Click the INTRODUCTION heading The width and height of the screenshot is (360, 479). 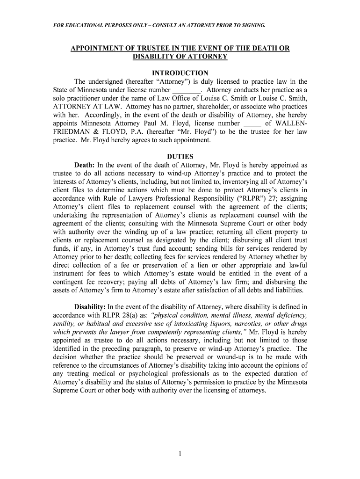coord(180,73)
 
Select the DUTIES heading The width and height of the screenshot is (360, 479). coord(180,157)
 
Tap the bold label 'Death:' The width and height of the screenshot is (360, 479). coord(85,165)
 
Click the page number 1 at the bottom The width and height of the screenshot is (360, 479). coord(180,454)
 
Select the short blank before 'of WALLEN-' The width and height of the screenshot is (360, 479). coord(252,123)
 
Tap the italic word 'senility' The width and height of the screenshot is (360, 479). coord(64,324)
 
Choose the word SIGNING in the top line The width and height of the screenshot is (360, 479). coord(253,25)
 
